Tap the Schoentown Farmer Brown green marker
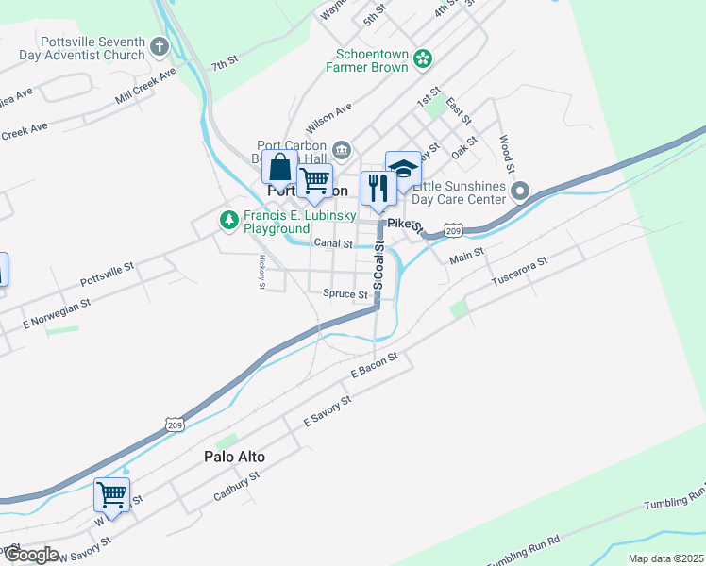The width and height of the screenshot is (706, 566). [424, 59]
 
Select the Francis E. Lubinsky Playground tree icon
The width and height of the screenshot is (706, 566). [227, 221]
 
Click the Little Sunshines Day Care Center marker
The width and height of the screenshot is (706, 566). [519, 193]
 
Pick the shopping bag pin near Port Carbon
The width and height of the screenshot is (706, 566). [279, 170]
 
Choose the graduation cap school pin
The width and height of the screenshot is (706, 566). [403, 170]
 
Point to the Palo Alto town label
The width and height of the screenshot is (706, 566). [234, 457]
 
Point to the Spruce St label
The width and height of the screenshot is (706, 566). [345, 294]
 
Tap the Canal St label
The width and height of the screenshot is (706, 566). [333, 243]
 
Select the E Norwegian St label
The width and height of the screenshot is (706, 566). [55, 312]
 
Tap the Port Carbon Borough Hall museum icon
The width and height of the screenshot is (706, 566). [342, 149]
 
